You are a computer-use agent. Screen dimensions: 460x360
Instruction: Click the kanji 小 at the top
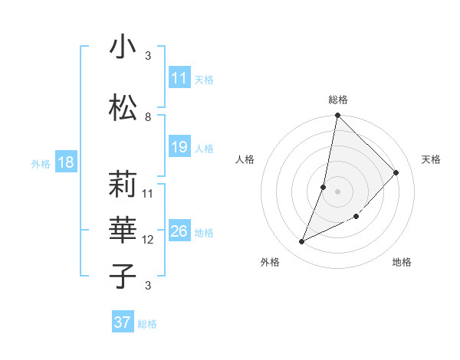tap(123, 47)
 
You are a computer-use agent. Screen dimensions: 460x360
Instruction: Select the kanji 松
tap(123, 108)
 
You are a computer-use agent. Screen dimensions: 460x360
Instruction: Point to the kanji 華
tap(123, 229)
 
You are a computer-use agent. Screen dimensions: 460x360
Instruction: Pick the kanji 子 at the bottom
tap(123, 276)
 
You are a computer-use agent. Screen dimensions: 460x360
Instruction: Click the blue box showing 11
tap(179, 78)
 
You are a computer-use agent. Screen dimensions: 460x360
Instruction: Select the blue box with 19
tap(179, 147)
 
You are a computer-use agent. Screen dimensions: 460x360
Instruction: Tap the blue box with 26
tap(179, 231)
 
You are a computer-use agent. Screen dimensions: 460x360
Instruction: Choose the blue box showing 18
tap(65, 162)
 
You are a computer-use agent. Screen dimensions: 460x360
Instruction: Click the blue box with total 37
tap(123, 322)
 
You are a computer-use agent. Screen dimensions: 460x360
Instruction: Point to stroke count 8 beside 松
tap(148, 116)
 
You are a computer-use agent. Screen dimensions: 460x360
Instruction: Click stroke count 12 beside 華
tap(148, 240)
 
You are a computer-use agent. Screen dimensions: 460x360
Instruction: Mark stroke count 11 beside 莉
tap(148, 193)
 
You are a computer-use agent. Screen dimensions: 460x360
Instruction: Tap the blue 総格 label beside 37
tap(147, 324)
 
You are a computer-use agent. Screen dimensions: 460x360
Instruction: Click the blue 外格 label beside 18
tap(41, 164)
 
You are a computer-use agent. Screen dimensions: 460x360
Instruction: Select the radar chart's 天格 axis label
tap(431, 159)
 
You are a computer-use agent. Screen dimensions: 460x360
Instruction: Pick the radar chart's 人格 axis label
tap(245, 159)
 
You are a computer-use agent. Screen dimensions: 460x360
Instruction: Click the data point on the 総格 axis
tap(337, 116)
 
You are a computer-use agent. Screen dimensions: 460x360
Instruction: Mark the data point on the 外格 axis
tap(301, 242)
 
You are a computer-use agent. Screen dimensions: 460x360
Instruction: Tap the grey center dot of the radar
tap(337, 191)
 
